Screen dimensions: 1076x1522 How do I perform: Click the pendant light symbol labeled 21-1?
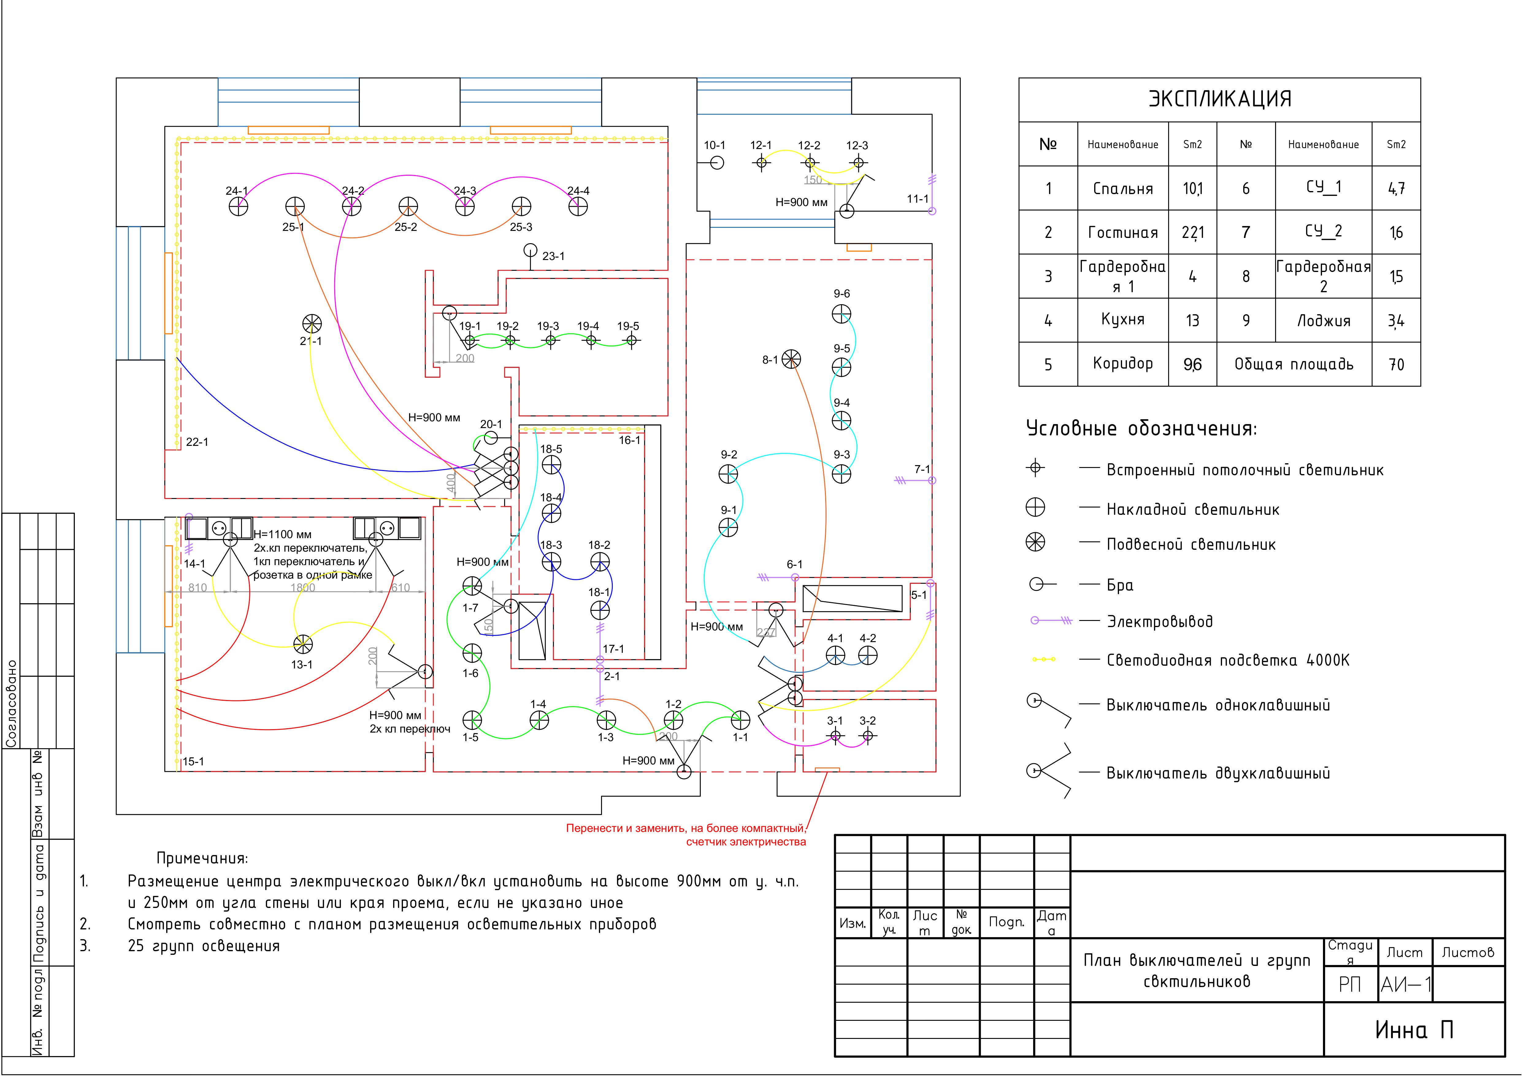312,324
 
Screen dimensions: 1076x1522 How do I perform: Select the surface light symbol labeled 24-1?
238,207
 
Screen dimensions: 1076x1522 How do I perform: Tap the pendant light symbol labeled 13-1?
302,644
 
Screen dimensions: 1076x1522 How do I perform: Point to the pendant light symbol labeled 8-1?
791,359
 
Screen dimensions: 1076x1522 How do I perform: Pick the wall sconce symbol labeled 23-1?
530,251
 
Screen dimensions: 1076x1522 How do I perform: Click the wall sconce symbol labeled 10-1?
717,163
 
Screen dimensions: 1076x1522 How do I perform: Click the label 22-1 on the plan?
197,442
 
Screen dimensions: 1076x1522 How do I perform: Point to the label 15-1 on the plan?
194,762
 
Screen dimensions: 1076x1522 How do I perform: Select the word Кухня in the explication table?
1122,320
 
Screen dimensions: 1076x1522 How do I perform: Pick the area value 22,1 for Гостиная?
1193,233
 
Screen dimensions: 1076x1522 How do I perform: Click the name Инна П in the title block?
1414,1030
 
